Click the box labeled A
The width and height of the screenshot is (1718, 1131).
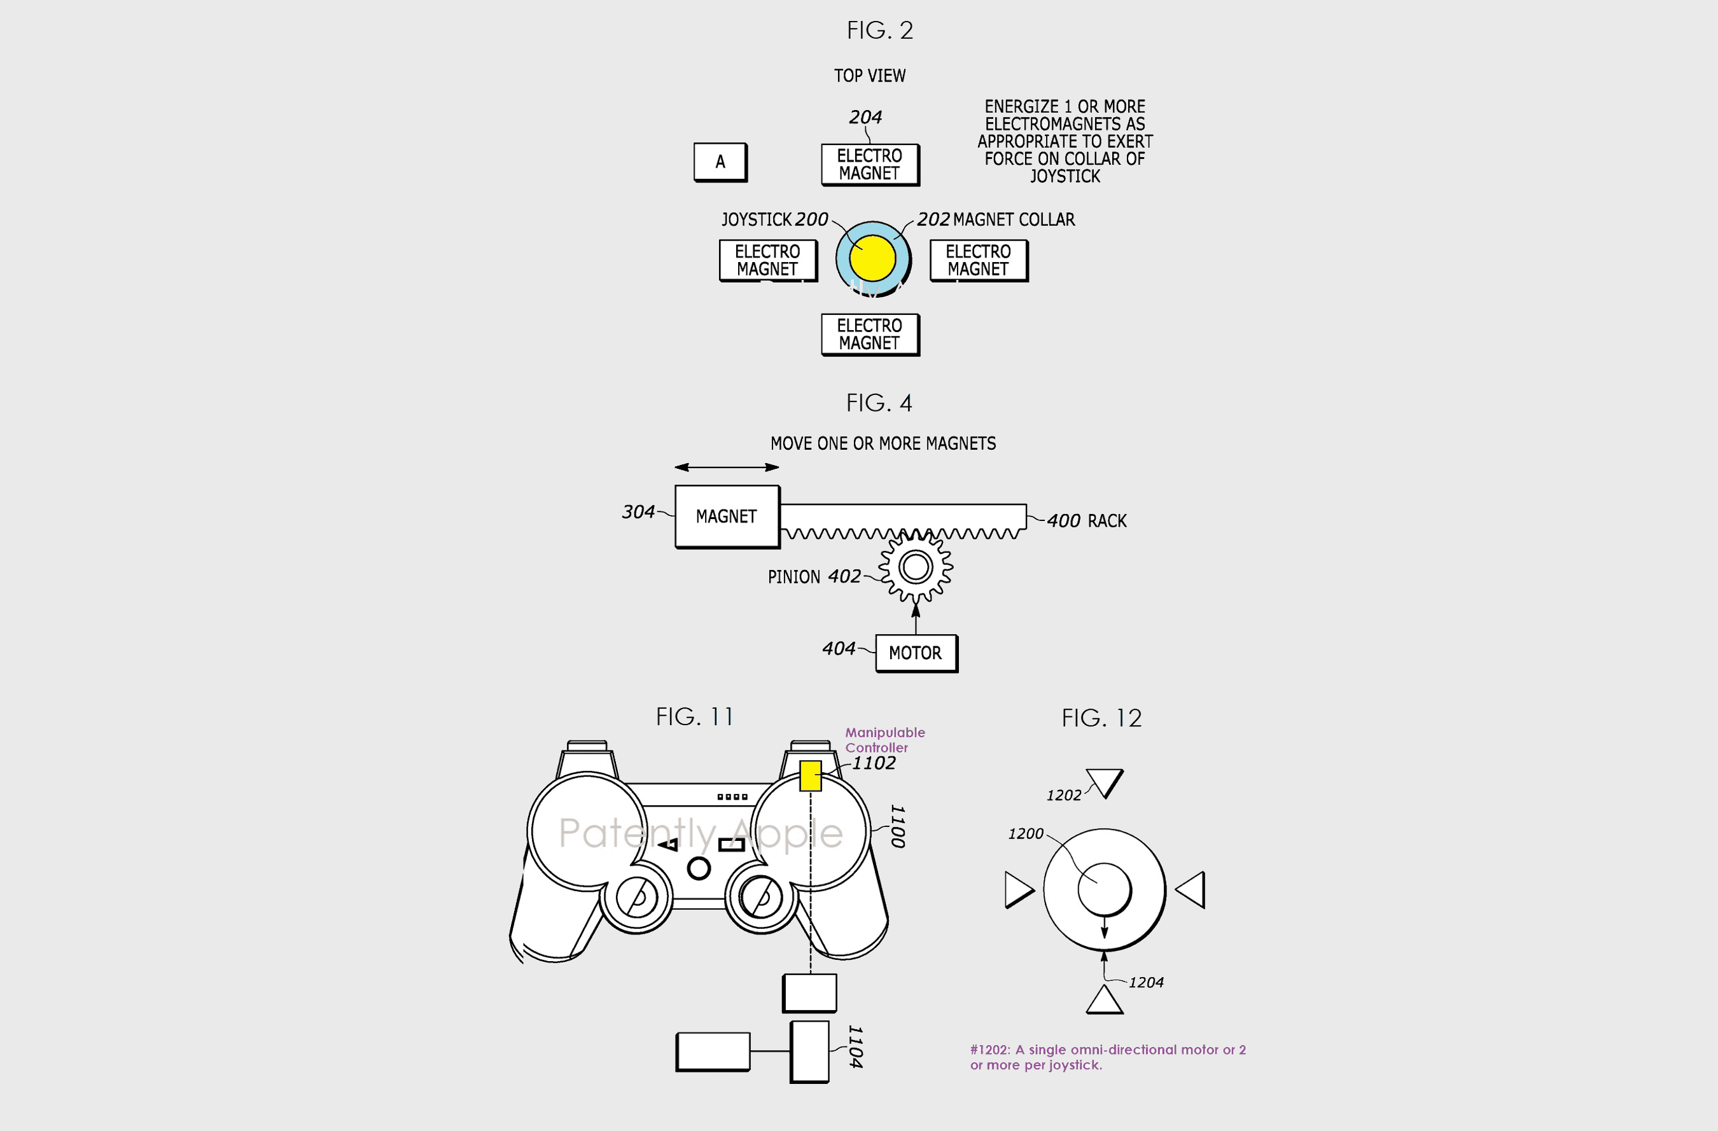click(720, 162)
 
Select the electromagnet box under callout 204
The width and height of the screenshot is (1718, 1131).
click(870, 165)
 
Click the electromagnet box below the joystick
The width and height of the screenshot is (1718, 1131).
click(870, 335)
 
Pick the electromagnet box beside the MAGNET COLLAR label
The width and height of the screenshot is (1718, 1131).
click(979, 261)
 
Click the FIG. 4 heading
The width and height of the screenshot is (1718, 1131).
click(879, 403)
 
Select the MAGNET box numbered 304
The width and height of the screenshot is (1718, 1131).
click(727, 517)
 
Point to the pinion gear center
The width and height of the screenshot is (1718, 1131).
click(915, 567)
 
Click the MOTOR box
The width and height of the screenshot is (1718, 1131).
click(916, 653)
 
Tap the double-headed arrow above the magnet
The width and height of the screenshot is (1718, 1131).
click(727, 468)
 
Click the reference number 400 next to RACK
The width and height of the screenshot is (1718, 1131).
click(1063, 520)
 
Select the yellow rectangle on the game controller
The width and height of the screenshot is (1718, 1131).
click(811, 776)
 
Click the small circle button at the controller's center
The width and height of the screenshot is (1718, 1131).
click(699, 868)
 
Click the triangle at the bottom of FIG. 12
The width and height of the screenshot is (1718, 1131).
click(1105, 1001)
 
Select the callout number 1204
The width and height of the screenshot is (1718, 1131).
click(1147, 982)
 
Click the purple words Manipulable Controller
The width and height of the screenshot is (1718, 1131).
click(885, 740)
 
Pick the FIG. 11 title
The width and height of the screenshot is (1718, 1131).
click(694, 717)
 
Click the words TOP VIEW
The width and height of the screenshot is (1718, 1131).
click(870, 76)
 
